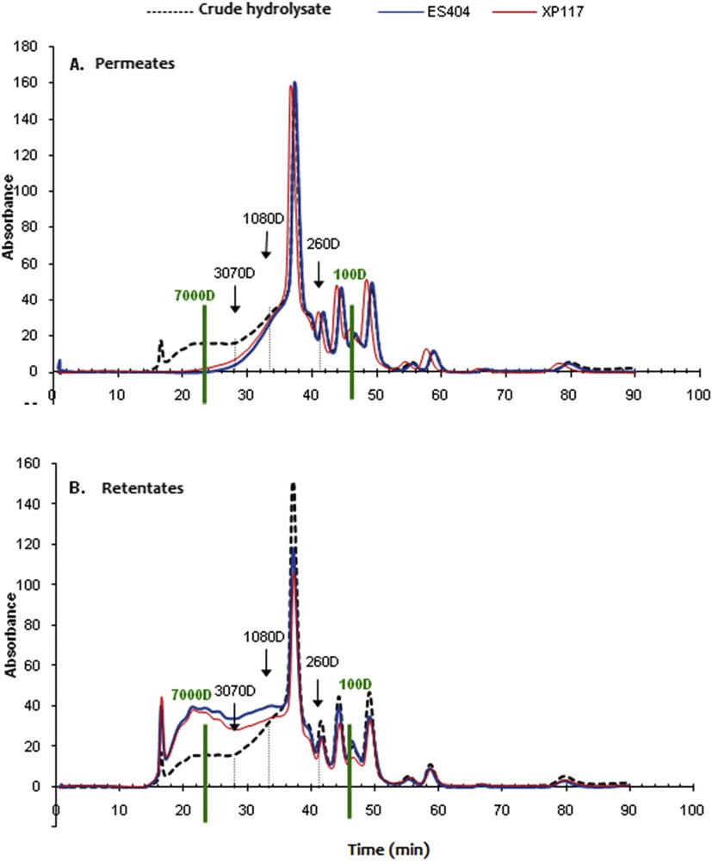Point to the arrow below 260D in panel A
tap(318, 276)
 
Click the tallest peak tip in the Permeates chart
tap(294, 84)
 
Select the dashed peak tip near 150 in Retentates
tap(294, 485)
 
